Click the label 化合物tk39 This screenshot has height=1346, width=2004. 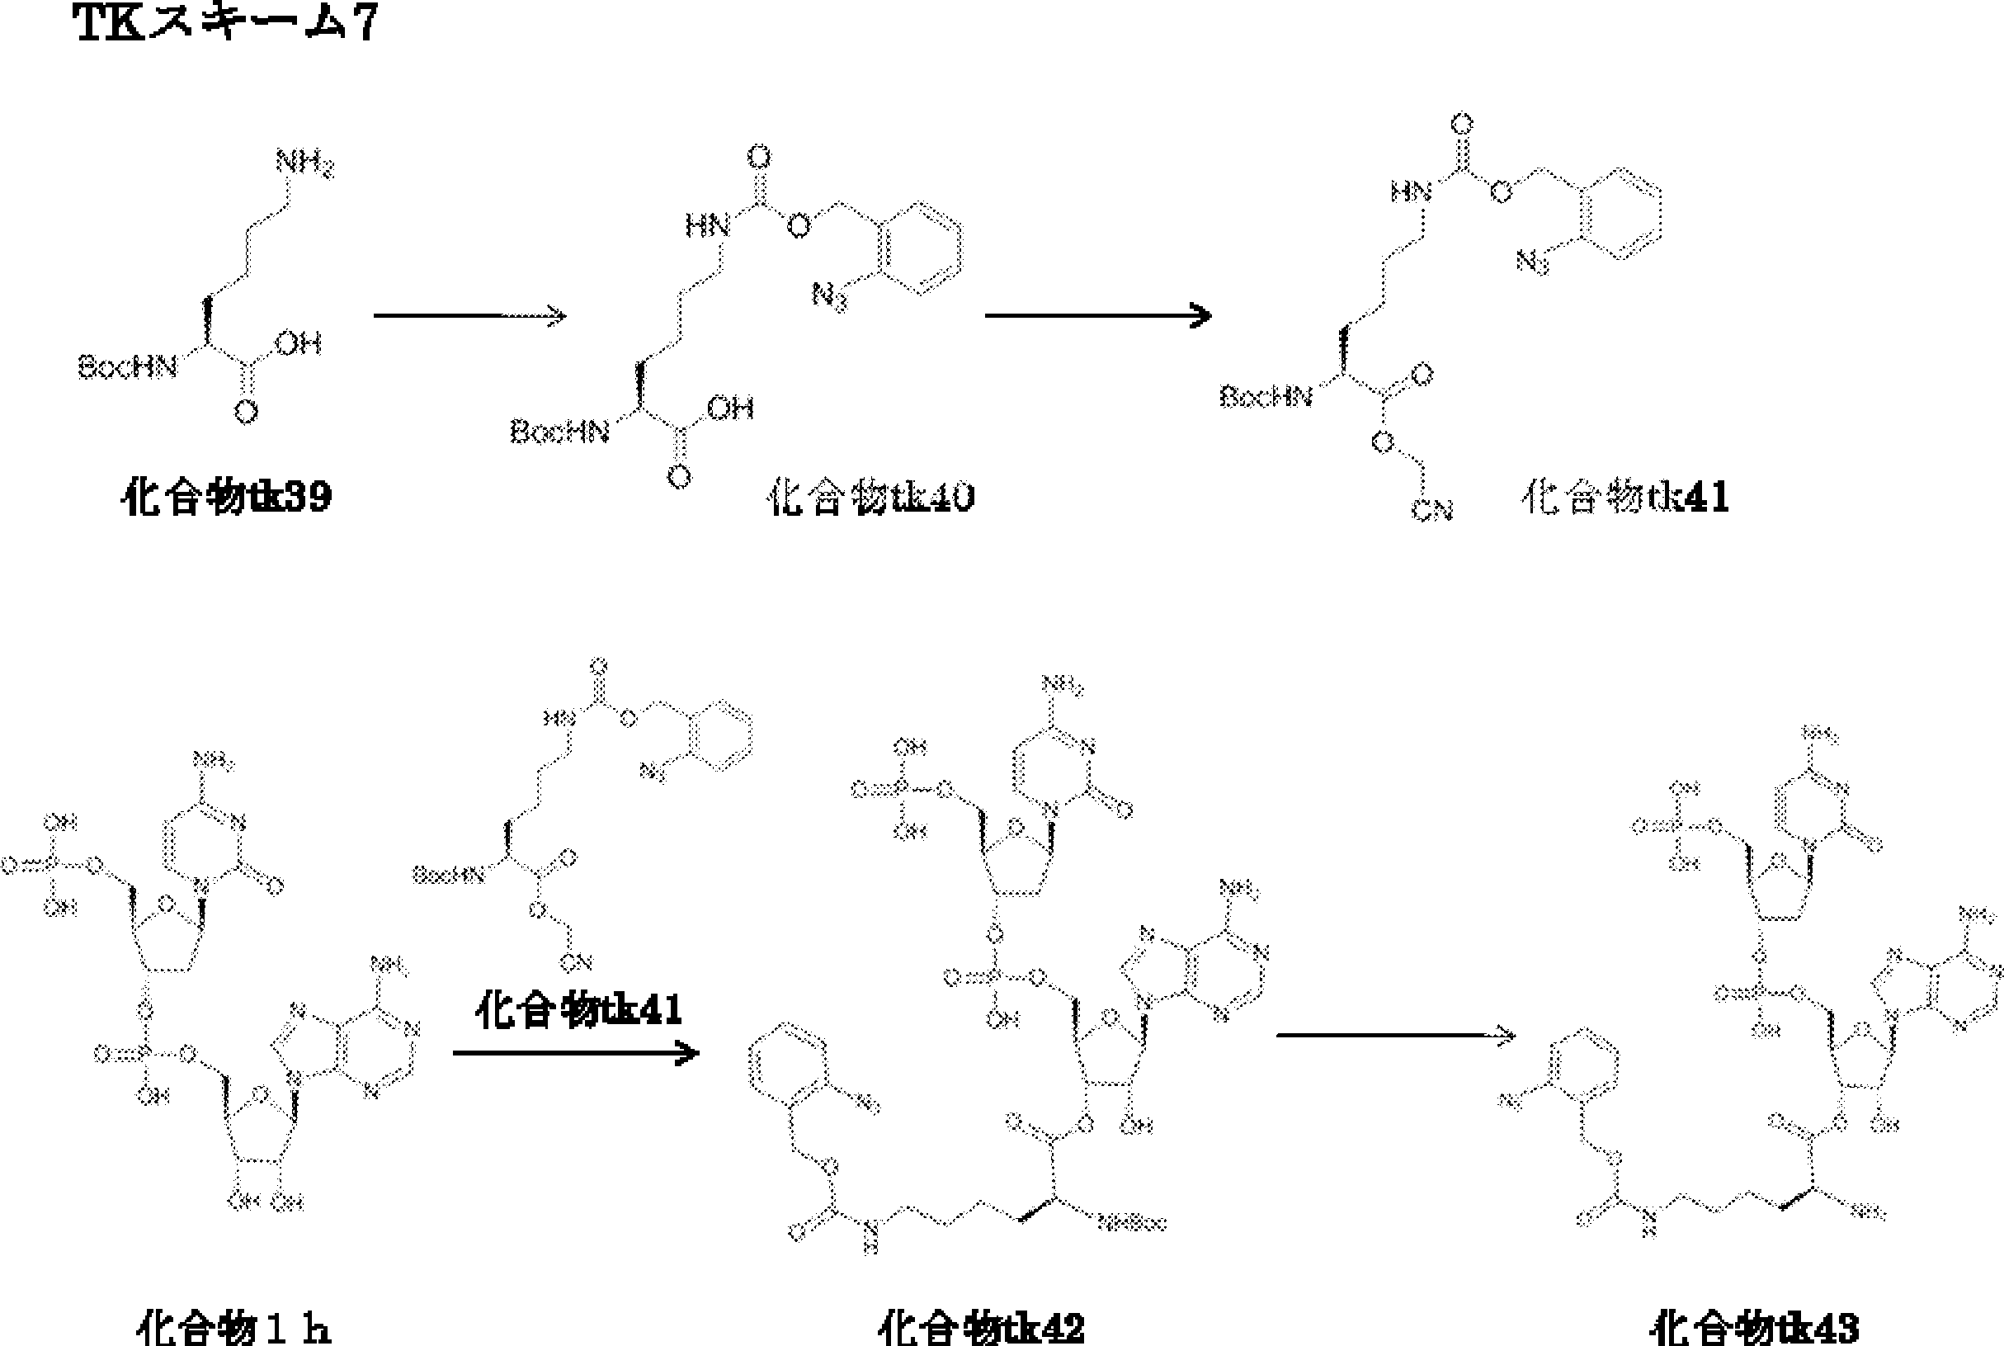(227, 497)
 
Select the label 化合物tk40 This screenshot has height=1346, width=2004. (871, 497)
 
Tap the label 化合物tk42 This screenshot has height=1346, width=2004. (981, 1327)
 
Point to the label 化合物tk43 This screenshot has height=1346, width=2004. (1754, 1327)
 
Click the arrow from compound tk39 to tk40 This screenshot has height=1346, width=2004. (469, 316)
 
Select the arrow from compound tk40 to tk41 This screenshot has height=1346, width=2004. (1097, 316)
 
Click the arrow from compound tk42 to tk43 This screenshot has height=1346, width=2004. (1395, 1035)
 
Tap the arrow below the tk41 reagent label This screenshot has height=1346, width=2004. (576, 1052)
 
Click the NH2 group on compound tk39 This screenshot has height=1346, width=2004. (304, 163)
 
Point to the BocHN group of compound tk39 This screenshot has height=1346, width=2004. (128, 367)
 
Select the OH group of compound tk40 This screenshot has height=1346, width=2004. (730, 408)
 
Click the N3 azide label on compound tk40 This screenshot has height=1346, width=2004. (830, 297)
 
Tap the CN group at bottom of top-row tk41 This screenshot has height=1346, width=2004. (1431, 511)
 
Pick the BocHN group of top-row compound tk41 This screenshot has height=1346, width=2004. (1266, 396)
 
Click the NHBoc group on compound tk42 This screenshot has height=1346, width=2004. (1131, 1223)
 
